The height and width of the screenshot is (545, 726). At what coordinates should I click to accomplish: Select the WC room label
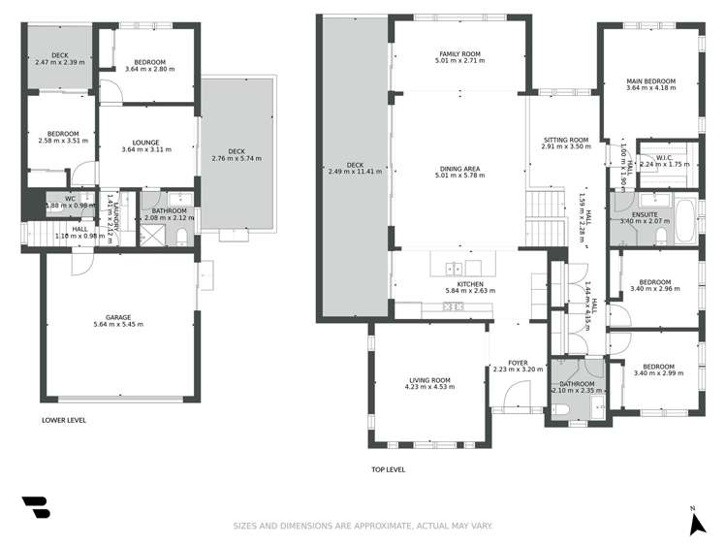71,198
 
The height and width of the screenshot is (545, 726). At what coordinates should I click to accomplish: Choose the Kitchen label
470,283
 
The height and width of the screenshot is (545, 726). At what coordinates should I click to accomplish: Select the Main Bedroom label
650,81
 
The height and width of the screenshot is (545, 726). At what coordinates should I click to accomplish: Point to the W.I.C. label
664,157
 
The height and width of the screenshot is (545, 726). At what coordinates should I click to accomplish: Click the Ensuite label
645,214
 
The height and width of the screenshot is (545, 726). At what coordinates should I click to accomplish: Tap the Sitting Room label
566,140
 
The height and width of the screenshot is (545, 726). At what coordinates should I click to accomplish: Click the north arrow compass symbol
695,524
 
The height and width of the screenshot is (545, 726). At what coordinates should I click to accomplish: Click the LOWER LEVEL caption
64,421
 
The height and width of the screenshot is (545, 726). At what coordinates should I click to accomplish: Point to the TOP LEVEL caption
388,469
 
